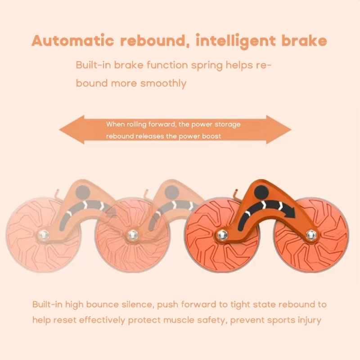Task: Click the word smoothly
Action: [163, 83]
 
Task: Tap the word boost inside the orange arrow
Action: [211, 136]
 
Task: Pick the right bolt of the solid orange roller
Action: [310, 233]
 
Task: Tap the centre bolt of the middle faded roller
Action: [132, 234]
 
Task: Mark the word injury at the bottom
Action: [308, 321]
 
